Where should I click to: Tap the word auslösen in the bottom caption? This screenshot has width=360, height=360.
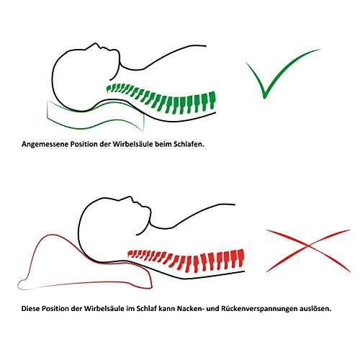tap(315, 308)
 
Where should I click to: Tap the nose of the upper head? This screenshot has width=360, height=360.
tap(96, 44)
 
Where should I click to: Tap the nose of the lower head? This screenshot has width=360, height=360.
tap(130, 197)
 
